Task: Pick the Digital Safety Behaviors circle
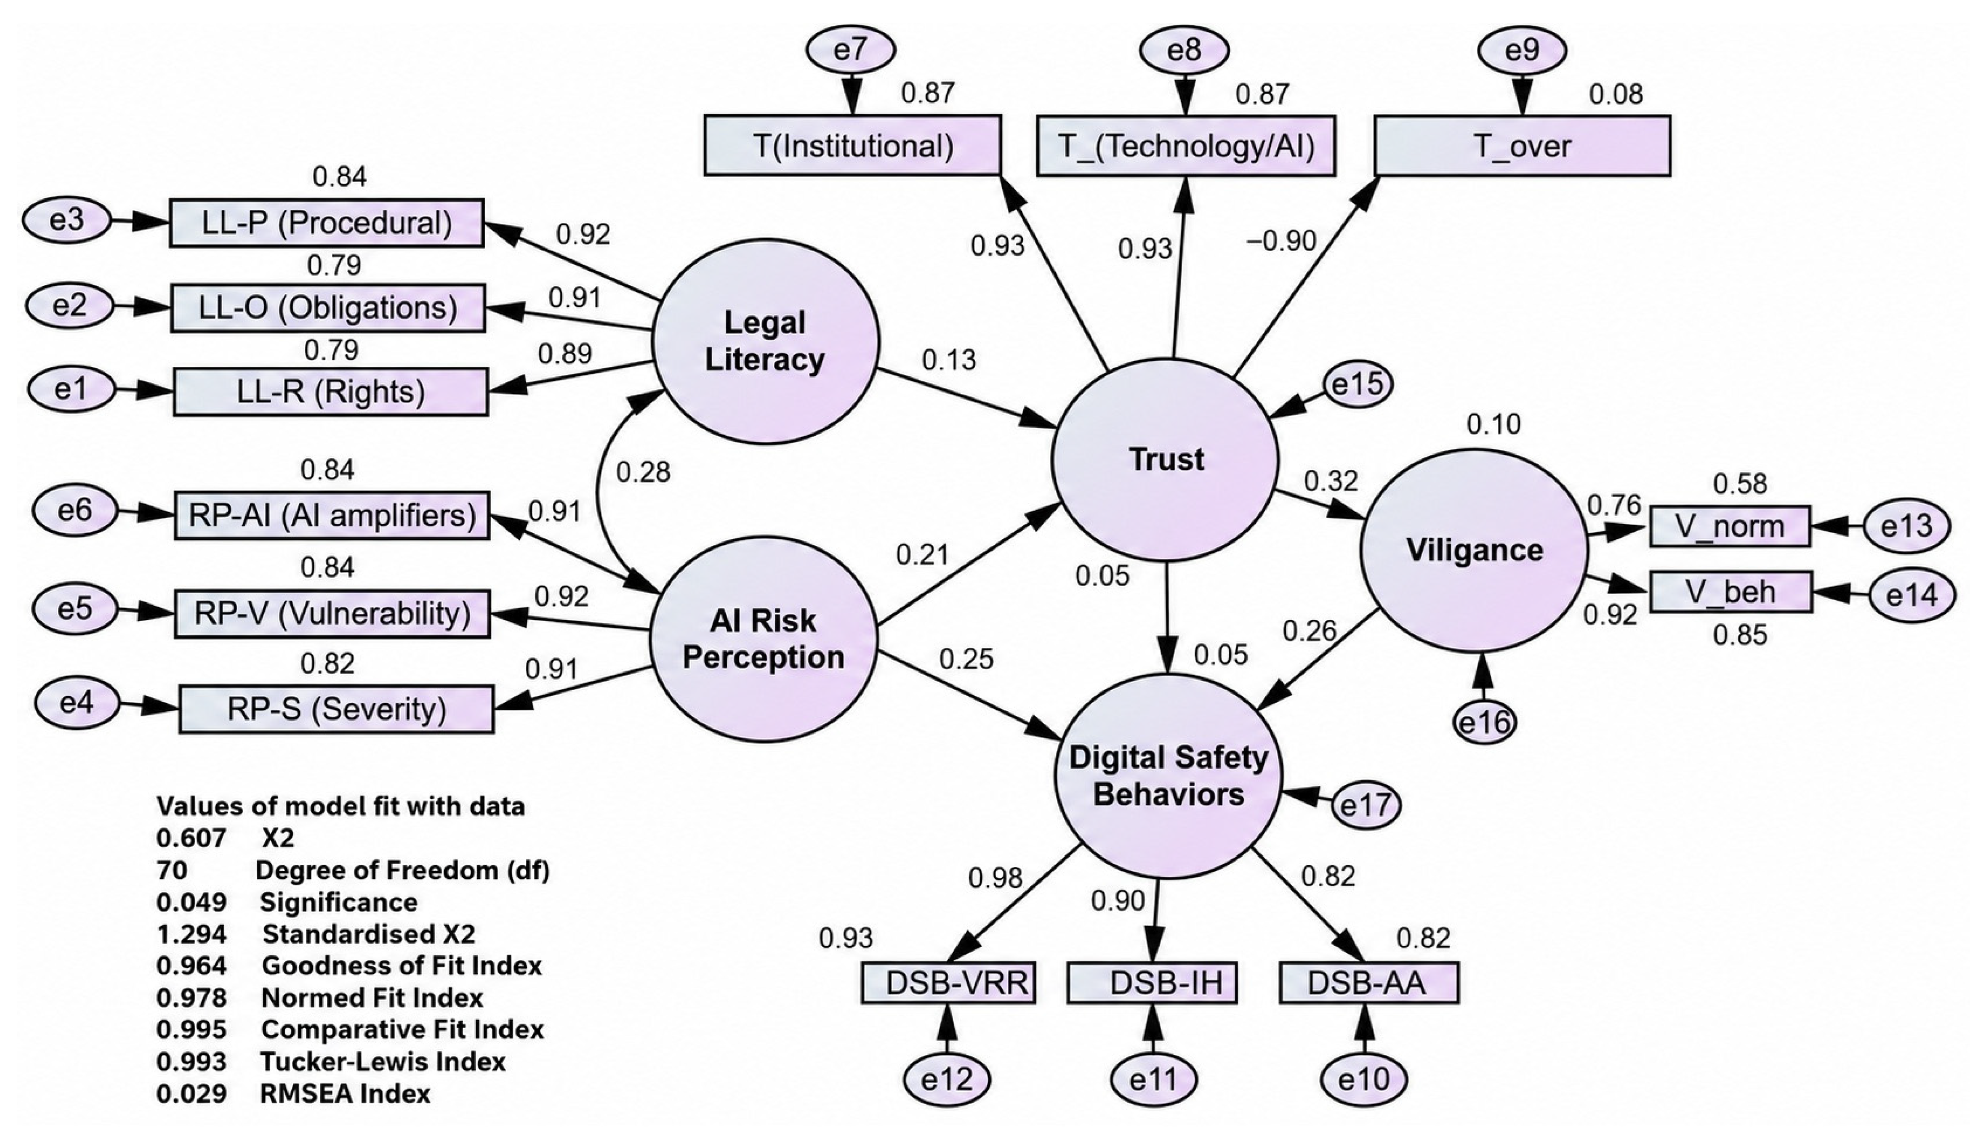[1168, 776]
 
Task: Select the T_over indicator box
[1522, 145]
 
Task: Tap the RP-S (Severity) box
[337, 709]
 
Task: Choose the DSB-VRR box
[949, 983]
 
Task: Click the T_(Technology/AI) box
[1186, 145]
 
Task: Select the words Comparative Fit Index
[402, 1030]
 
